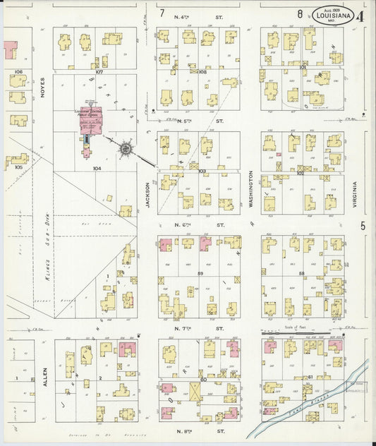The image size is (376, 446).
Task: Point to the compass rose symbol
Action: pos(126,149)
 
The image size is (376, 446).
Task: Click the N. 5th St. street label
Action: pos(198,121)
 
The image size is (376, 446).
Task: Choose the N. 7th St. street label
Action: pos(198,328)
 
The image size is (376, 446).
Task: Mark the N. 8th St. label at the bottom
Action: pos(198,430)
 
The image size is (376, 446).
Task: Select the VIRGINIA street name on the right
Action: pos(354,194)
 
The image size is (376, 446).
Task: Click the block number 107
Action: pos(99,72)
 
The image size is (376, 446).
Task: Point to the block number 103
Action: pos(202,171)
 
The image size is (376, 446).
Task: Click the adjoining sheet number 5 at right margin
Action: pos(362,226)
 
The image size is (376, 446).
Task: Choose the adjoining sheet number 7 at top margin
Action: pos(162,13)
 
